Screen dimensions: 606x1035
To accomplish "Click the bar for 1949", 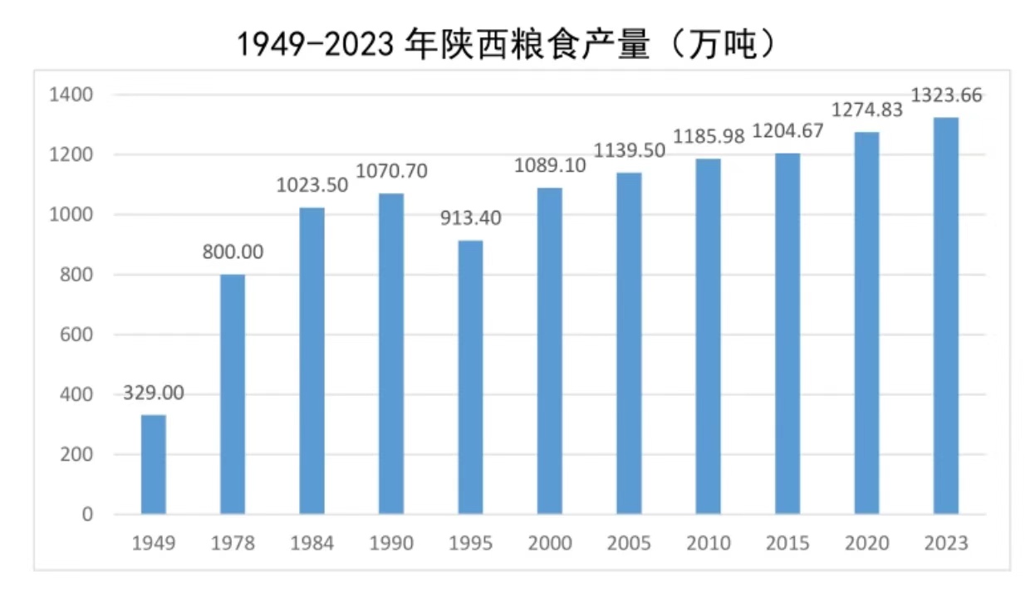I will (x=154, y=464).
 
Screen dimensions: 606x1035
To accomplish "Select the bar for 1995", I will (x=470, y=377).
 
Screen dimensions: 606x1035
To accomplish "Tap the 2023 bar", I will (x=945, y=315).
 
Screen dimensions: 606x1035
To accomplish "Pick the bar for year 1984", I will (x=312, y=360).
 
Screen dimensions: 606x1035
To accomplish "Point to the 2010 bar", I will (x=709, y=336).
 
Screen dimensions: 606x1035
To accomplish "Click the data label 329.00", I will (x=154, y=393).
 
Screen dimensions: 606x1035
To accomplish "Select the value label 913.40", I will (x=471, y=217).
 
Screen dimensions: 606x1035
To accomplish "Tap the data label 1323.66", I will (x=946, y=95).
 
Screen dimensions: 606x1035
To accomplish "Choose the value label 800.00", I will (x=233, y=252).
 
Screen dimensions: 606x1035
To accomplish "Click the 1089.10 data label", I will (x=549, y=165).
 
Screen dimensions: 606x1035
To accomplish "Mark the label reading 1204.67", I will (x=787, y=131).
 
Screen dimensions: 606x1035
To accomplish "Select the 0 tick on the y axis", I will (x=87, y=515).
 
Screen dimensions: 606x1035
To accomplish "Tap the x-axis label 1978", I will (x=233, y=544).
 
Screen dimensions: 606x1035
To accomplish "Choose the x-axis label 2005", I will (x=629, y=544).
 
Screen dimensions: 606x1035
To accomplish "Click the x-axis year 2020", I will (x=866, y=544).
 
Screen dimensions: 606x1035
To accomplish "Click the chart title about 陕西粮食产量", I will (x=507, y=45).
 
